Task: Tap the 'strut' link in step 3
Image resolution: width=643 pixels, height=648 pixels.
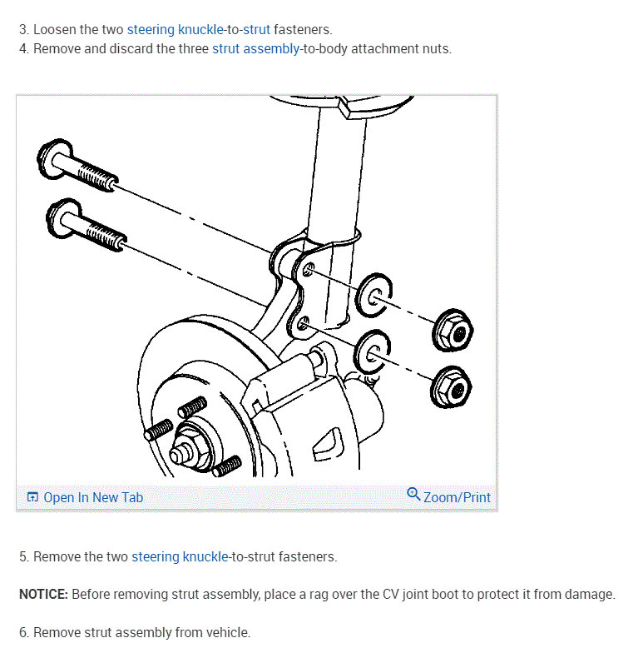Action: (256, 29)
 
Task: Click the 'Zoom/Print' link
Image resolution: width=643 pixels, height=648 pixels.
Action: (457, 497)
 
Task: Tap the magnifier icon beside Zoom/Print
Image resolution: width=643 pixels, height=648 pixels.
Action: (413, 494)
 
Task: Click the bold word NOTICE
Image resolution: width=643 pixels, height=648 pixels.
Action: (42, 594)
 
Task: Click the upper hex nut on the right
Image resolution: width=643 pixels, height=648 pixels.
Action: (455, 332)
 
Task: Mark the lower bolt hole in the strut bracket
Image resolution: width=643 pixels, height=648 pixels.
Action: (303, 322)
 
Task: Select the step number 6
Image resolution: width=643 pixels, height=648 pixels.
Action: (23, 632)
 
